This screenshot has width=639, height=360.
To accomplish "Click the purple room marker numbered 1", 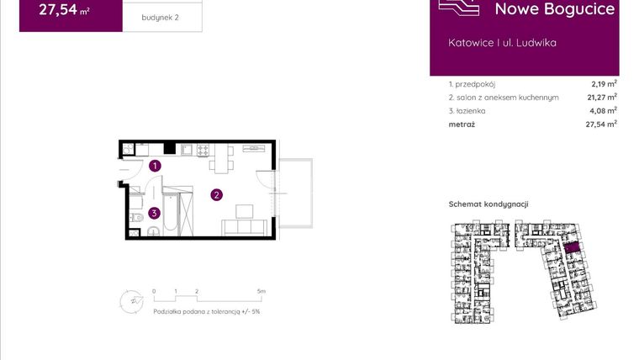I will pyautogui.click(x=155, y=167).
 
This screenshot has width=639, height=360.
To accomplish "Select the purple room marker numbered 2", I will pyautogui.click(x=216, y=195).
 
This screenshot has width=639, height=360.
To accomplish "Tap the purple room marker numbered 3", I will pyautogui.click(x=154, y=213).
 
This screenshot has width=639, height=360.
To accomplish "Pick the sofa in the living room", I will pyautogui.click(x=245, y=226).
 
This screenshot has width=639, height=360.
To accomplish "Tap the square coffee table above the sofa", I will pyautogui.click(x=245, y=209).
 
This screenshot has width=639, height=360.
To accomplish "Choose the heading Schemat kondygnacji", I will pyautogui.click(x=488, y=204).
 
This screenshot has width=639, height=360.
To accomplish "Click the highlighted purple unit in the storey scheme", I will pyautogui.click(x=571, y=248).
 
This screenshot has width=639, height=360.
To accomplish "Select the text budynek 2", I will pyautogui.click(x=161, y=18).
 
